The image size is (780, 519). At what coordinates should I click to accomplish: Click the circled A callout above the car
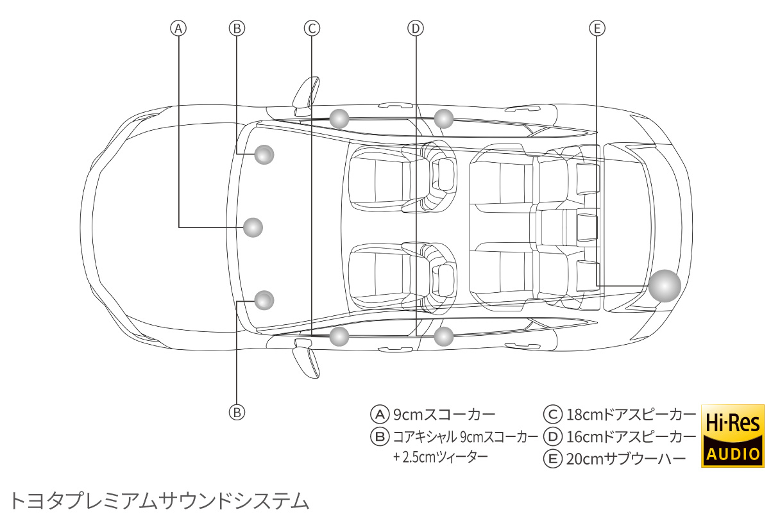(x=178, y=28)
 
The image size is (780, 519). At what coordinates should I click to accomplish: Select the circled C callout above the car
(x=312, y=28)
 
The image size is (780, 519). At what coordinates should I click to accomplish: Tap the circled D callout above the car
(x=416, y=28)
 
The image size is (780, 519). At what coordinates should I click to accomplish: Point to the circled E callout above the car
(x=597, y=28)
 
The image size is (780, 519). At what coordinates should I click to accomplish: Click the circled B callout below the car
(x=237, y=411)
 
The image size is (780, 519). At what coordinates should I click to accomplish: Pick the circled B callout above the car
(x=237, y=28)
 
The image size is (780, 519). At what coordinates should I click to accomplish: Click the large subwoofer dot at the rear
(x=664, y=286)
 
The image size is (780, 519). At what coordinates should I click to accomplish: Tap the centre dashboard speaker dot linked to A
(x=254, y=227)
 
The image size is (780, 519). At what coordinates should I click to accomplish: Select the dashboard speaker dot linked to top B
(x=264, y=154)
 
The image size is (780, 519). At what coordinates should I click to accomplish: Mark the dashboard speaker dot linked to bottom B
(x=264, y=299)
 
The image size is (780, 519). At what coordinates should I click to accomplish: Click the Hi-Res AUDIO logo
(x=733, y=436)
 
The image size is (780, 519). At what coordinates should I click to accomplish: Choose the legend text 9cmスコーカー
(x=444, y=414)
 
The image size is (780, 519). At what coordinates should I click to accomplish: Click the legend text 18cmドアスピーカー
(x=631, y=414)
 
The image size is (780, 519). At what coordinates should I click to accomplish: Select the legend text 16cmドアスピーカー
(x=631, y=437)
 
